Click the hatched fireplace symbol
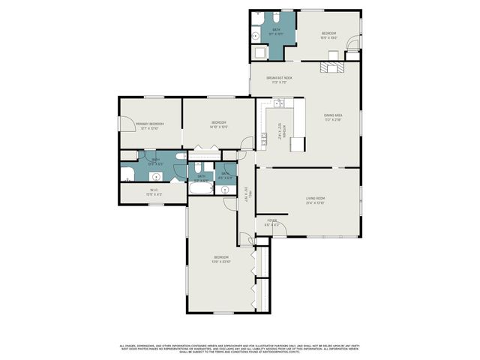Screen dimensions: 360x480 (x=330, y=67)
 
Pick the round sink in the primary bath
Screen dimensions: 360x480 (x=156, y=178)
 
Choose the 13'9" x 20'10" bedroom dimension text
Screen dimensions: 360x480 (x=220, y=261)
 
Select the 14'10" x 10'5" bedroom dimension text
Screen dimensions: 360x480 (x=219, y=127)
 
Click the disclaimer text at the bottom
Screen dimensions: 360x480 (x=240, y=348)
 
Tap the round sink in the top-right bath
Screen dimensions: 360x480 (x=256, y=34)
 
